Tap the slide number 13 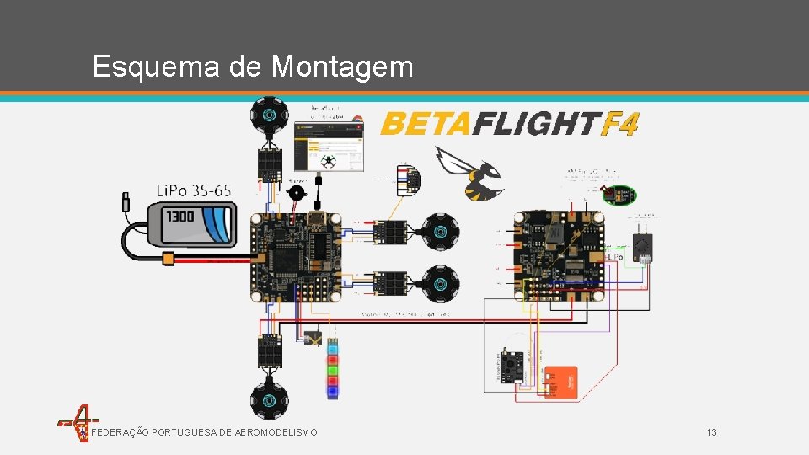(711, 432)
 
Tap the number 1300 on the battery (179, 217)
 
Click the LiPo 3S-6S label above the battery (194, 190)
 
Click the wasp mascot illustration (468, 173)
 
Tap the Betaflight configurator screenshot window (329, 145)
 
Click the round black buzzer (296, 192)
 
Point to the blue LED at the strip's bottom (333, 391)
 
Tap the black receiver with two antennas (642, 243)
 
